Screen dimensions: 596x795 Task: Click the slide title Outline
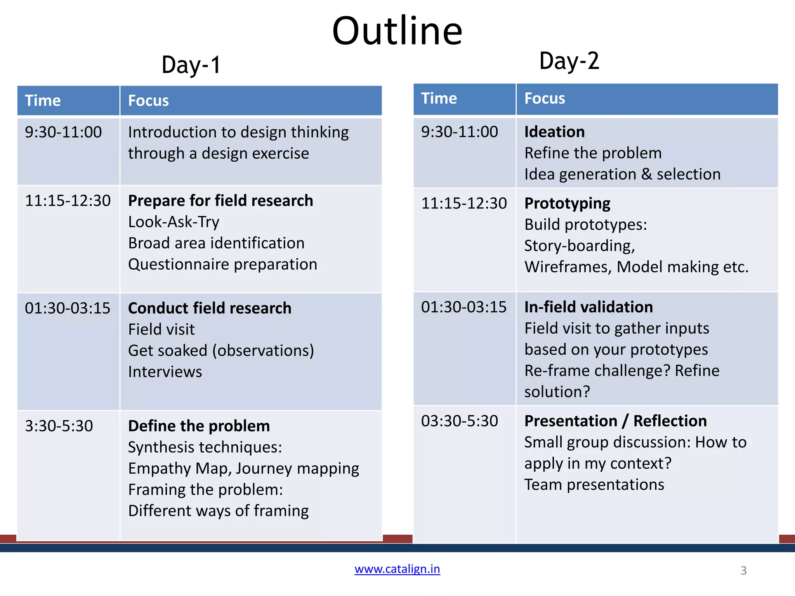tap(397, 31)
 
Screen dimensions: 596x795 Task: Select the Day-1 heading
tap(191, 65)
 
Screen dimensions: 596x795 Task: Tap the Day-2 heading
tap(569, 61)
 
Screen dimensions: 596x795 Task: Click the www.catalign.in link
tap(397, 569)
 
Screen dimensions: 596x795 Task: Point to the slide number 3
tap(743, 570)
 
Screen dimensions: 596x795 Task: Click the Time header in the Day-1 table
tap(43, 100)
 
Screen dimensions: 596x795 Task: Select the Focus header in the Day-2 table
tap(545, 99)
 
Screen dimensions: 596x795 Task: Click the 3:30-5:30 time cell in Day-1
tap(59, 426)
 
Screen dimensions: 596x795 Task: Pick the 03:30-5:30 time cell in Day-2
tap(460, 421)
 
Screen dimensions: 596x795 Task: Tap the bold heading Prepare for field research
tap(220, 201)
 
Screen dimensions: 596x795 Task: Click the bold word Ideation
tap(554, 132)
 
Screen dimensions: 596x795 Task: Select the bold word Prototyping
tap(567, 203)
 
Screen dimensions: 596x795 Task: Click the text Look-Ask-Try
tap(174, 222)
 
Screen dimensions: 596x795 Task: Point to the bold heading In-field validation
tap(588, 307)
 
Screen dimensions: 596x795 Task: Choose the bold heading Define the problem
tap(199, 426)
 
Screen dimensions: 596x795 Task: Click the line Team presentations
tap(594, 485)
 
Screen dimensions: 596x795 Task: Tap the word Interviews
tap(165, 372)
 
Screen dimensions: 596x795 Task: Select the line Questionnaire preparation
tap(222, 264)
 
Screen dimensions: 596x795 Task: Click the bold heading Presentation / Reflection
tap(615, 421)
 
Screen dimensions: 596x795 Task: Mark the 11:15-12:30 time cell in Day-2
tap(464, 203)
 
